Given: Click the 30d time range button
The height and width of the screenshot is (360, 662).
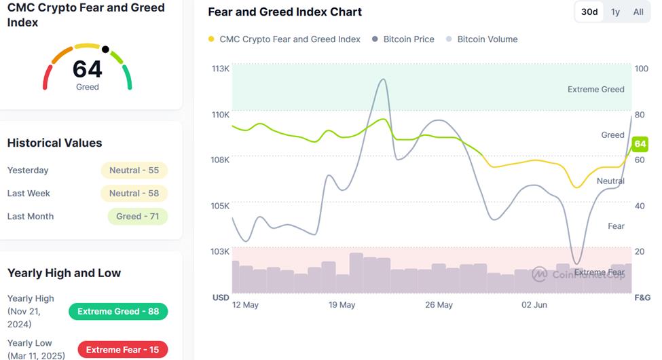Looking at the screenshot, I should coord(589,12).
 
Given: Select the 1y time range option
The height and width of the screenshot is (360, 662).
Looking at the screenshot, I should coord(615,12).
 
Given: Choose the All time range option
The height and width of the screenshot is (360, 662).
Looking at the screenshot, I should coord(638,12).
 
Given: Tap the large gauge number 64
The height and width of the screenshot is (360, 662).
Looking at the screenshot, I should coord(88,69).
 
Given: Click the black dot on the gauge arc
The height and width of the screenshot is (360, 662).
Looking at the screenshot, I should coord(105,49).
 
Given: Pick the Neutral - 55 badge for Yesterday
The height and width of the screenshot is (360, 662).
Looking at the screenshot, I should coord(134,170).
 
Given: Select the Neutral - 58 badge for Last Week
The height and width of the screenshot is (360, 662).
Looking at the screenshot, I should coord(134,194).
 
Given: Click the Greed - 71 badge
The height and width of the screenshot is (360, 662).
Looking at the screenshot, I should coord(137,217).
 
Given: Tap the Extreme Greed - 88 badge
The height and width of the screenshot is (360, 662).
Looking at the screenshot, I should coord(118,312).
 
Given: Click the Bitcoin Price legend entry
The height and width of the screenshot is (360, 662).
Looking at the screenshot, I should coord(408,39).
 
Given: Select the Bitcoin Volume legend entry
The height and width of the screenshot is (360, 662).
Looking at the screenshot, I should coord(487,39).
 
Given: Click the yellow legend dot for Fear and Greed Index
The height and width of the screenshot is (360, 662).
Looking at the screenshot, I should coord(212,39).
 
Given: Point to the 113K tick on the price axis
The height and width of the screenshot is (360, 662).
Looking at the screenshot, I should coord(221,69).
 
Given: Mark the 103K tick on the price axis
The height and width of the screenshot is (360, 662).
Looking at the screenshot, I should coord(221,251).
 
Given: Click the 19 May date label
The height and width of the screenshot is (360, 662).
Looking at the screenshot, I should coord(342,305).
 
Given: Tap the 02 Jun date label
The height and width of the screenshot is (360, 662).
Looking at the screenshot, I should coord(534,305).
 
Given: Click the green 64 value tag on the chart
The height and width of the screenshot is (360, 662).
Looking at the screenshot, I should coord(640,144).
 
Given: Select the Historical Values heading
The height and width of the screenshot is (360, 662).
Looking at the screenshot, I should coord(54,143).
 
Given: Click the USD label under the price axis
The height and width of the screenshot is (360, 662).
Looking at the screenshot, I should coord(221,298).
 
